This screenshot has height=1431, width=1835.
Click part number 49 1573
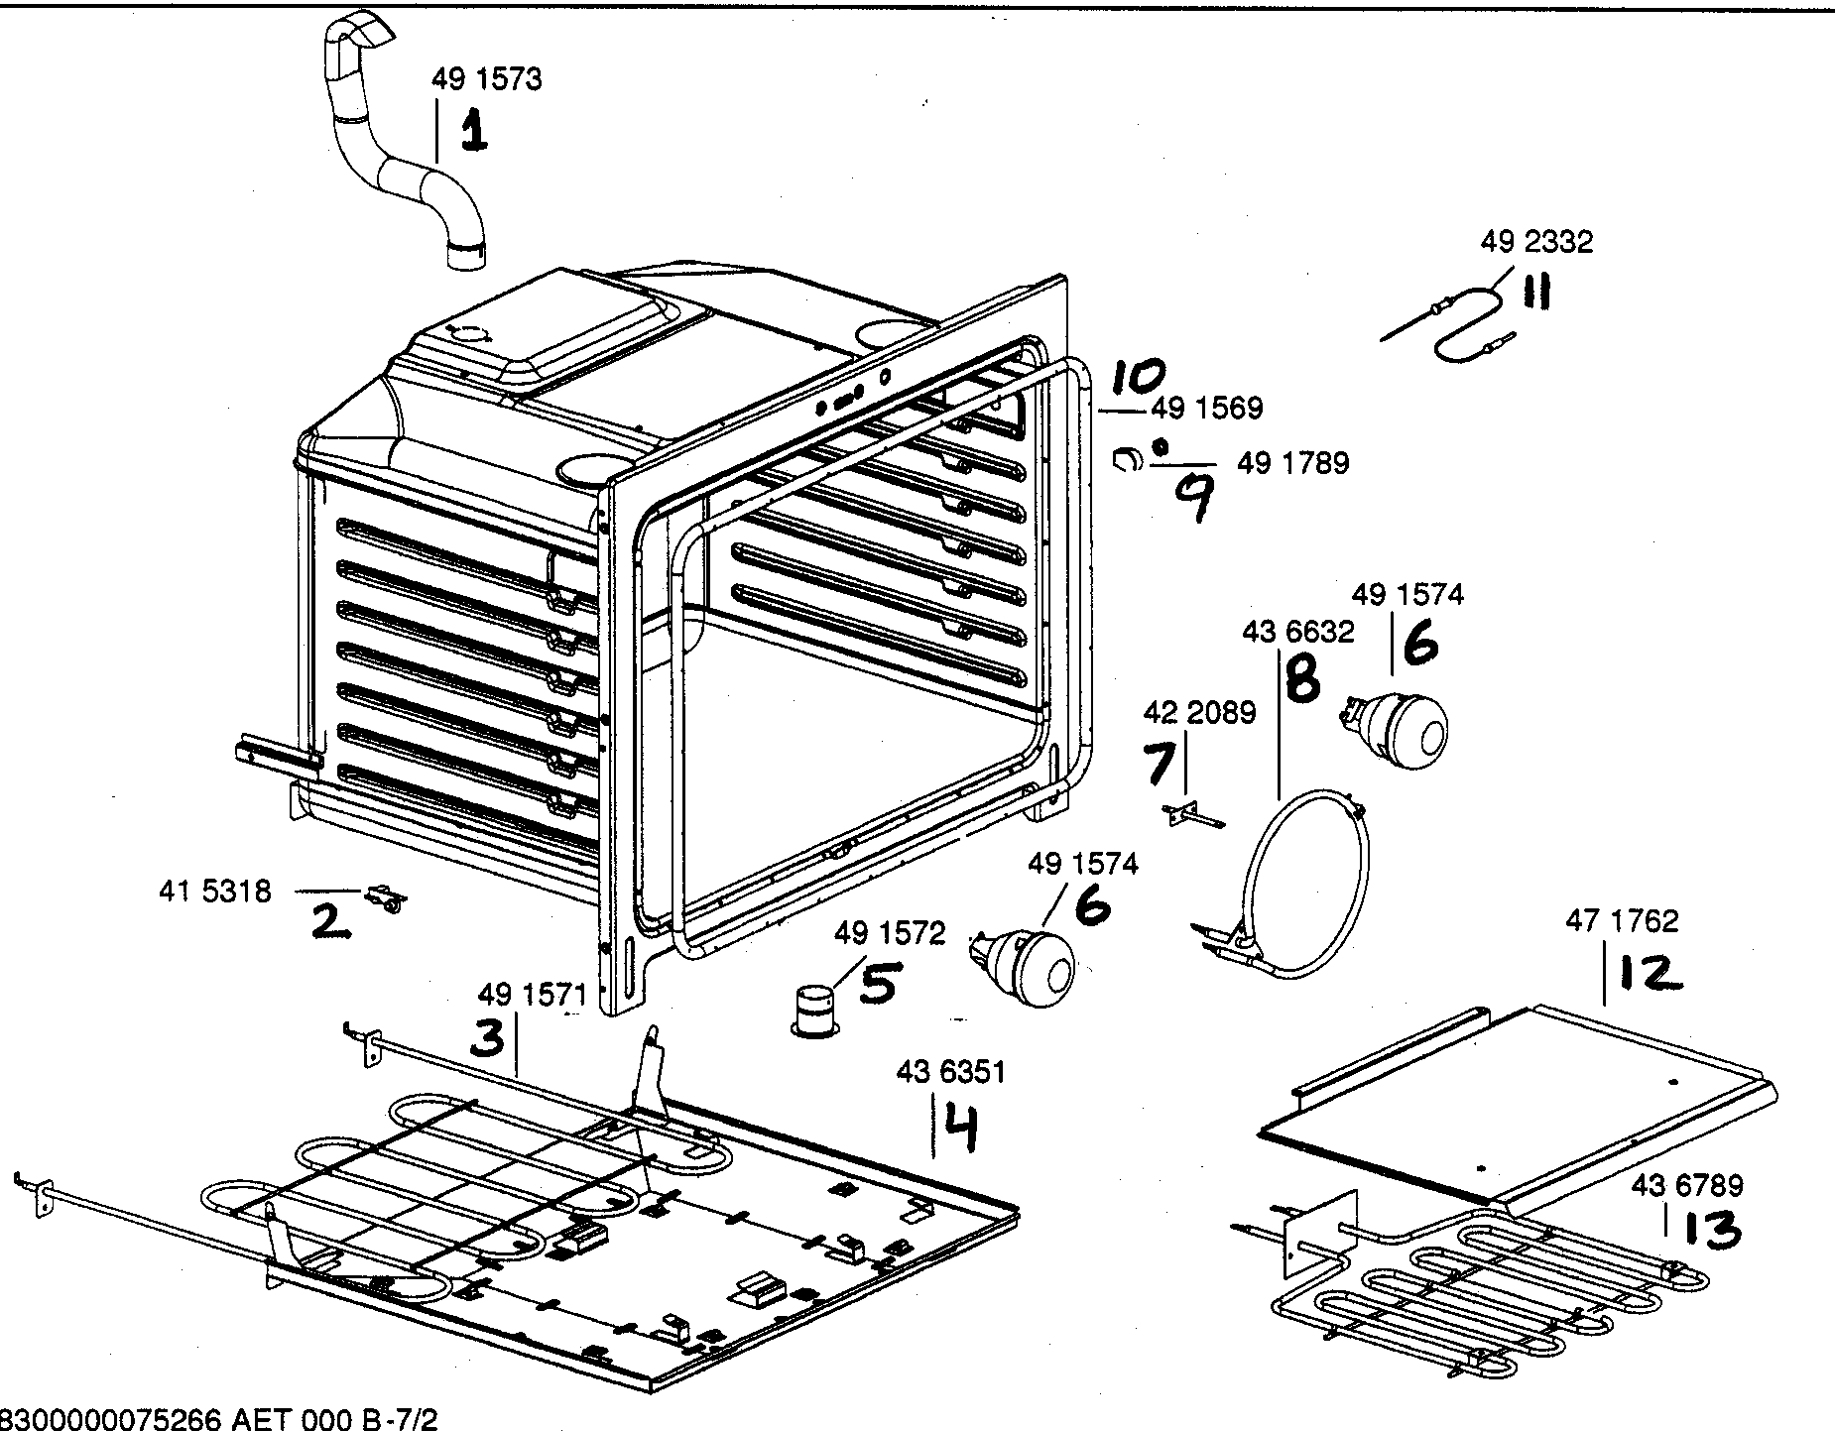tap(486, 79)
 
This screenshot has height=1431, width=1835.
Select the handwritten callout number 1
tap(473, 133)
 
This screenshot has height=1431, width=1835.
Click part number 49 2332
tap(1536, 242)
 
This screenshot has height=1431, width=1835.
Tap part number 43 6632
tap(1297, 632)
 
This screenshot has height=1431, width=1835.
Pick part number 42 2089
tap(1199, 712)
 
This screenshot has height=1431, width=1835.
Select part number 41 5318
tap(214, 892)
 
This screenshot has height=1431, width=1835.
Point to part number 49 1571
tap(533, 994)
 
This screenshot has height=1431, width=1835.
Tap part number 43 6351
tap(950, 1072)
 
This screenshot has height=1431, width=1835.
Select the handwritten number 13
tap(1708, 1231)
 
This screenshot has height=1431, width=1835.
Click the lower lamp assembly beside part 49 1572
tap(1027, 965)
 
